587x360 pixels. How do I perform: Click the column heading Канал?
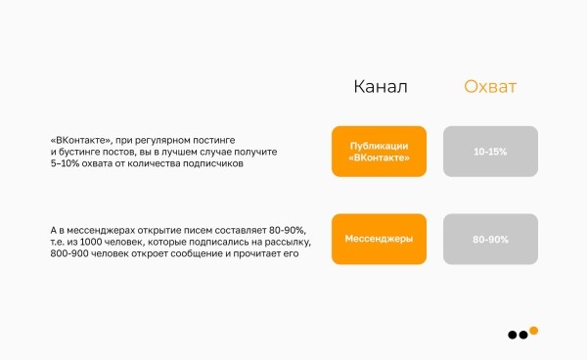pyautogui.click(x=380, y=88)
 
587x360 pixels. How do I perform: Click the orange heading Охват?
pyautogui.click(x=490, y=88)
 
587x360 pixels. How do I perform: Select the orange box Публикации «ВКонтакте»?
pyautogui.click(x=379, y=151)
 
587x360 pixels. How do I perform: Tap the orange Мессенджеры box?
pyautogui.click(x=379, y=239)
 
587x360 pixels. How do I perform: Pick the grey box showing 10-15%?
pyautogui.click(x=490, y=151)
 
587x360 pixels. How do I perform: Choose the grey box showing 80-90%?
pyautogui.click(x=490, y=239)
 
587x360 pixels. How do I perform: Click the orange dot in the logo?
pyautogui.click(x=534, y=331)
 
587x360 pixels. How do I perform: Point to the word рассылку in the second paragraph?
pyautogui.click(x=282, y=242)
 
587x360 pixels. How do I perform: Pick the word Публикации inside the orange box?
pyautogui.click(x=379, y=145)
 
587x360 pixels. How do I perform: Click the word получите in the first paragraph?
pyautogui.click(x=258, y=153)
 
